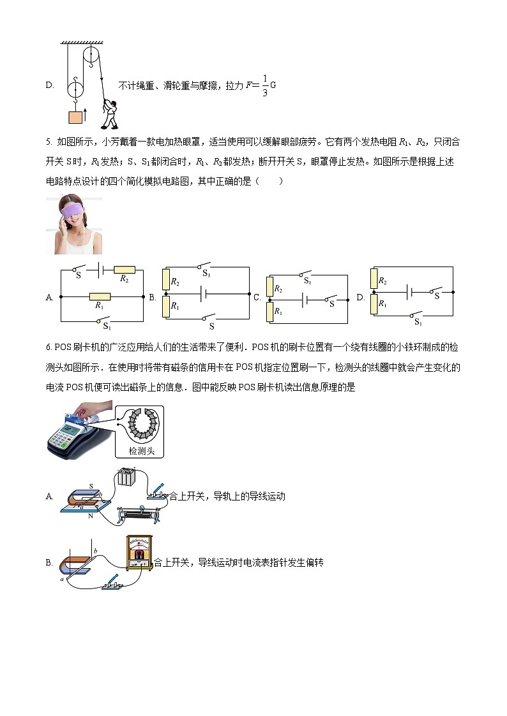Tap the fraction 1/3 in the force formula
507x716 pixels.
(264, 85)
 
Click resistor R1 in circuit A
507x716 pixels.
(100, 296)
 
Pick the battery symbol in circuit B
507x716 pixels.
(203, 294)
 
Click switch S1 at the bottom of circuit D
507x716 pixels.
(418, 314)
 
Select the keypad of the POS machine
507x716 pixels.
(68, 436)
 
